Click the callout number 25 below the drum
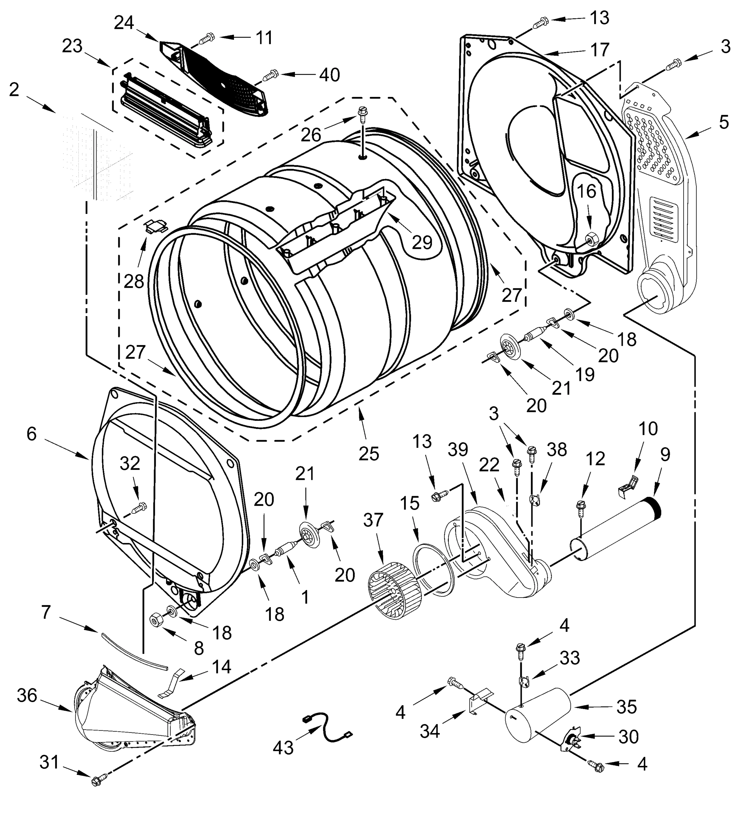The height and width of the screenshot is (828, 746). pos(369,454)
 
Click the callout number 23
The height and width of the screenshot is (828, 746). pos(72,46)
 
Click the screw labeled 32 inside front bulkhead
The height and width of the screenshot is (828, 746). pos(139,509)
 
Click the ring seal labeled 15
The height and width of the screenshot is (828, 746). pos(432,570)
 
